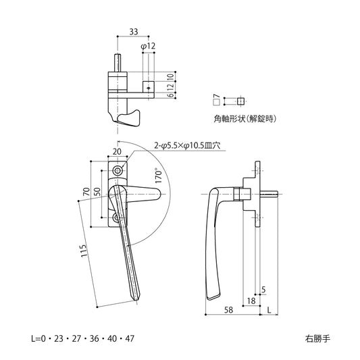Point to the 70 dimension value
[x=85, y=193]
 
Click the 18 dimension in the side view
[x=251, y=301]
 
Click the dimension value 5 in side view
[x=263, y=290]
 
